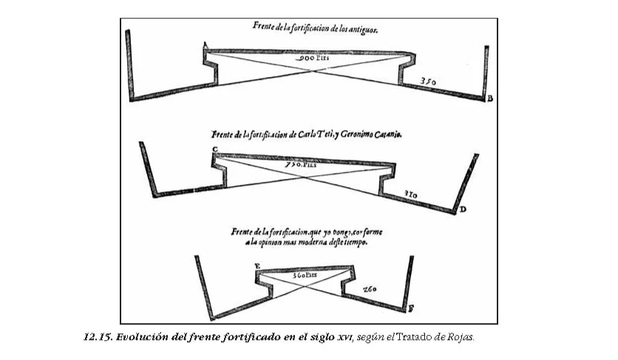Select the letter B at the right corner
(489, 98)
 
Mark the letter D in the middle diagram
(463, 210)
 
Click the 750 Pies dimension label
(302, 165)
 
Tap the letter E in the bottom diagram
(256, 265)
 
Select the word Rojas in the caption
(459, 337)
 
